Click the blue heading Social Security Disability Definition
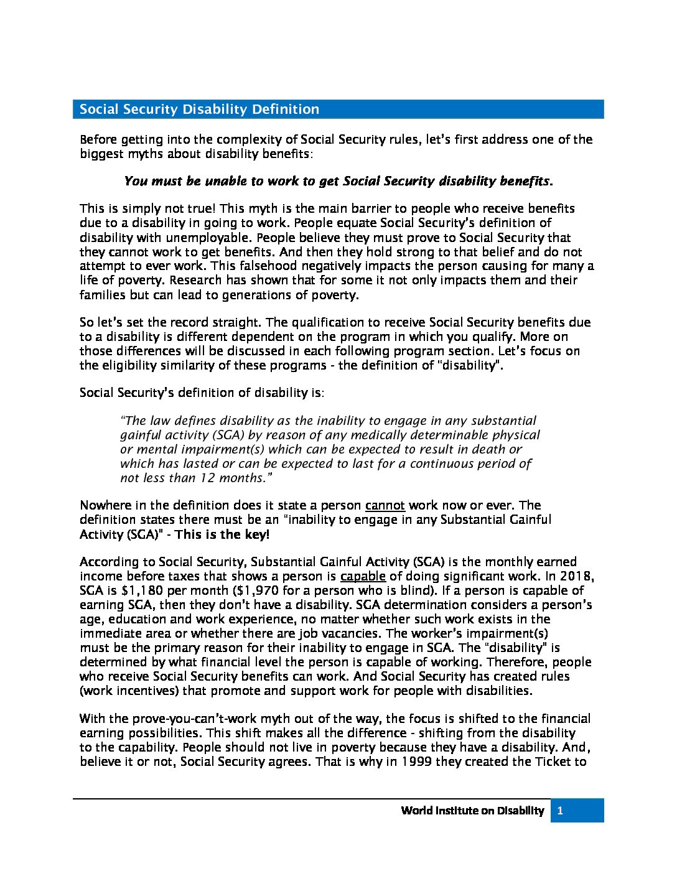(x=199, y=109)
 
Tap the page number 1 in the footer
(x=560, y=811)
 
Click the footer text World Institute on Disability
(x=472, y=811)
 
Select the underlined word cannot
(x=385, y=505)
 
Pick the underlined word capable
(x=363, y=576)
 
